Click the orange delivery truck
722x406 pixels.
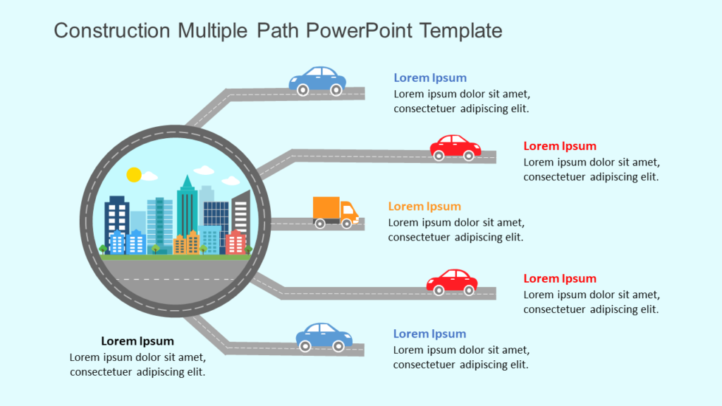point(335,211)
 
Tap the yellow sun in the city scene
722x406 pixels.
point(134,174)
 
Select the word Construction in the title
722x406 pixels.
point(112,31)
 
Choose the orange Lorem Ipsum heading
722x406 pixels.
point(424,207)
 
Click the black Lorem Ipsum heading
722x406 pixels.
point(137,341)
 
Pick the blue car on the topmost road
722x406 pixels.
point(317,80)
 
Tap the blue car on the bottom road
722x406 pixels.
point(324,337)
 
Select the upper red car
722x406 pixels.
point(455,147)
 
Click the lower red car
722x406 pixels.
point(452,281)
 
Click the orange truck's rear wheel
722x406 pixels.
point(320,223)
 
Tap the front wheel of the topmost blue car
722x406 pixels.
point(336,90)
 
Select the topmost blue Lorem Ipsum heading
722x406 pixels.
point(430,78)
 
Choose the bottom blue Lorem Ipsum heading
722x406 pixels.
point(429,334)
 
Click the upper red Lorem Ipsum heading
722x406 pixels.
point(560,147)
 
